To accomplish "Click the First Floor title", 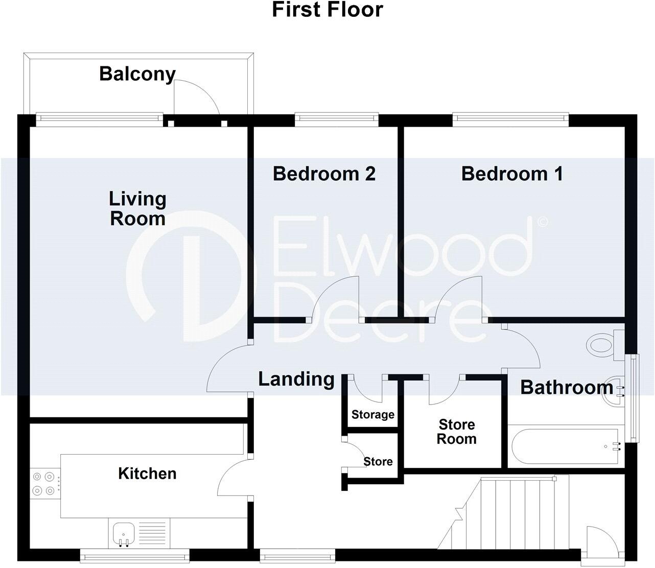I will click(327, 10).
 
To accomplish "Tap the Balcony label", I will click(137, 74).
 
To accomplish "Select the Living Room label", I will click(137, 208).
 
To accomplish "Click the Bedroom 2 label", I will click(324, 174).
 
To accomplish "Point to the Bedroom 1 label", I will click(512, 174).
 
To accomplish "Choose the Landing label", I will click(296, 379).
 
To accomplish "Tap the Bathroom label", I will click(566, 387).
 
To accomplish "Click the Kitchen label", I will click(147, 474).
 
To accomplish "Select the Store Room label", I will click(456, 432).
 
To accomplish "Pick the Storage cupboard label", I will click(372, 415).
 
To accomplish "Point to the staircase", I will click(511, 511).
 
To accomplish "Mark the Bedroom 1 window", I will click(510, 120).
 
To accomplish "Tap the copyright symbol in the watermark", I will click(542, 222).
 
